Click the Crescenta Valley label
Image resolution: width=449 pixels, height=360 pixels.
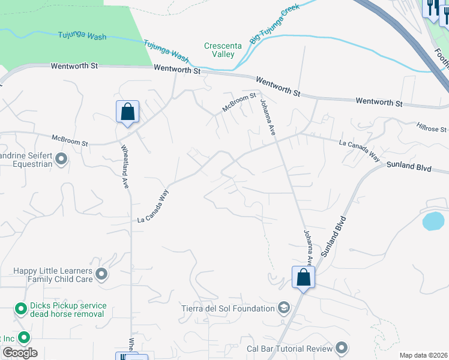[x=219, y=50]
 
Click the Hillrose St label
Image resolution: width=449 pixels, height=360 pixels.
[x=431, y=128]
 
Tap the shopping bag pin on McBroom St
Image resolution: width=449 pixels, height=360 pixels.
[x=127, y=112]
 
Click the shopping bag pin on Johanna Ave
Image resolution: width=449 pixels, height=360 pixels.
[x=304, y=278]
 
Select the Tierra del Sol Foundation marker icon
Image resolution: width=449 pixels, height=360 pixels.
[x=284, y=308]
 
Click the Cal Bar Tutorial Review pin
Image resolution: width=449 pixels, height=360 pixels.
[x=342, y=348]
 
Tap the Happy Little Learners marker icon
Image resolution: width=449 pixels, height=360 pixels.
[x=101, y=275]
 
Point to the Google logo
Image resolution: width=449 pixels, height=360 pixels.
[x=20, y=353]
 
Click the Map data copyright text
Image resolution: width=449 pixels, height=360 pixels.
[x=424, y=355]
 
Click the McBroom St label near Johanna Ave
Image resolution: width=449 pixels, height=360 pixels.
[x=239, y=102]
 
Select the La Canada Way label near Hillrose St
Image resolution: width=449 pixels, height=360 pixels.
[x=360, y=149]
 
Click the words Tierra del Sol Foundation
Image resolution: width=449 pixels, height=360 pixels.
[x=228, y=308]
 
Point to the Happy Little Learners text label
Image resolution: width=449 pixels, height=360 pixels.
[x=53, y=275]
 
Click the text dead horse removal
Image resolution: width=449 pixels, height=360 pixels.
[x=67, y=314]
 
